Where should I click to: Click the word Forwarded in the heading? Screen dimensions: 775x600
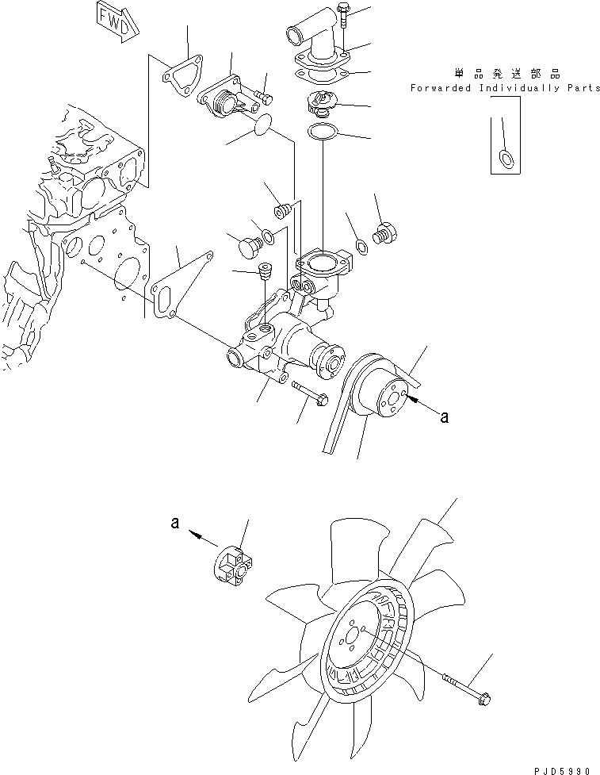(x=441, y=88)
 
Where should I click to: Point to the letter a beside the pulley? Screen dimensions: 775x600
(x=445, y=416)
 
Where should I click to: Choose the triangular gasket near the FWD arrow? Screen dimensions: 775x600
(x=182, y=74)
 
